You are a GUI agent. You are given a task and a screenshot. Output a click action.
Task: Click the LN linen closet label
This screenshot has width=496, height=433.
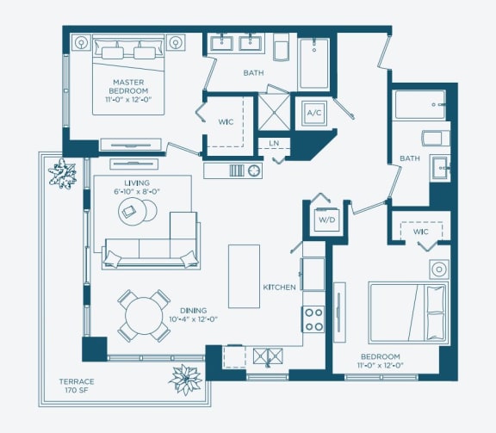[274, 143]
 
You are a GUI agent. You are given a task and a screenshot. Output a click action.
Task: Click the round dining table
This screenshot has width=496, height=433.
[143, 316]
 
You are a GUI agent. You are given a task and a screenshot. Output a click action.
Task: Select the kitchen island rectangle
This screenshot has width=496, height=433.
[244, 275]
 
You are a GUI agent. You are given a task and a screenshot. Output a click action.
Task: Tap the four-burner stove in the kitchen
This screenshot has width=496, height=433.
[313, 319]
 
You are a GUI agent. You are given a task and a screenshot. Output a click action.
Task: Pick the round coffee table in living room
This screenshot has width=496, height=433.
[137, 213]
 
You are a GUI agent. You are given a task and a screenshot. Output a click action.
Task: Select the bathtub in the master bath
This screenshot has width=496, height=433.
[313, 63]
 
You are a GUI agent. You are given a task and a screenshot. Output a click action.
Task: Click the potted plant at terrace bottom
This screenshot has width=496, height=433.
[184, 377]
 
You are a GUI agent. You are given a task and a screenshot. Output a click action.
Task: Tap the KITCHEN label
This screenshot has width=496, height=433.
[280, 287]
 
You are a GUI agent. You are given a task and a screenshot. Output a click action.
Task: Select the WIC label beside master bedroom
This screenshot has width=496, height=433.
[226, 122]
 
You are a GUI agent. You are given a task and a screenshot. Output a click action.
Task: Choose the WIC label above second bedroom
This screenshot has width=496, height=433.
[420, 232]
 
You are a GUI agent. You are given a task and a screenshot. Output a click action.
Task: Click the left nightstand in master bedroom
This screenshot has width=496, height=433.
[81, 40]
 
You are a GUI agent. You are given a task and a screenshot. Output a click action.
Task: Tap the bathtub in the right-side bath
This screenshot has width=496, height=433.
[419, 105]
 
